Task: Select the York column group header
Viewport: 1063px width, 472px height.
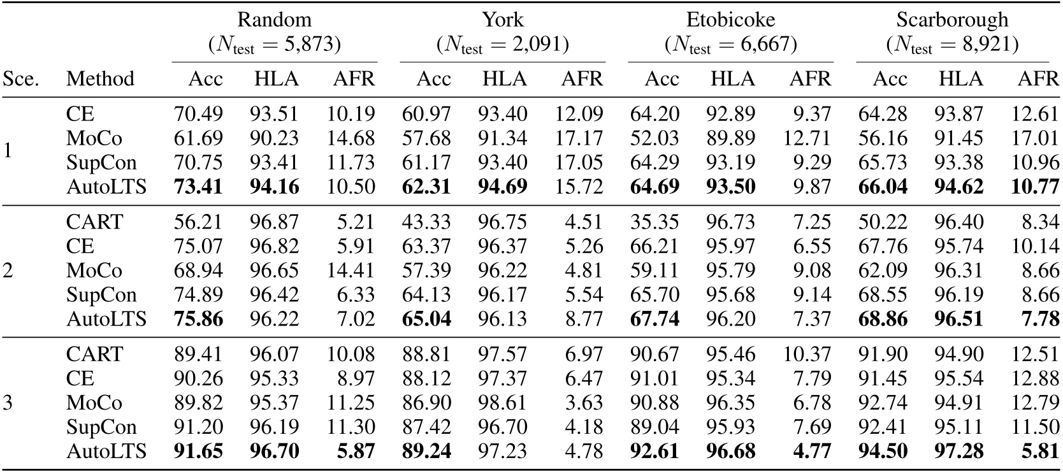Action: (x=502, y=20)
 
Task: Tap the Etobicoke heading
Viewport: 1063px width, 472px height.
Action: (x=730, y=20)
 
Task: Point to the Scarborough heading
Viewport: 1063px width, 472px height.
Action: (x=952, y=20)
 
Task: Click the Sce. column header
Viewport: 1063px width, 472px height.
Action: (x=21, y=79)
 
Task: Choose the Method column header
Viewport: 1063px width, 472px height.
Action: (x=100, y=79)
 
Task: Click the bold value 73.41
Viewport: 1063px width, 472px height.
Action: (x=198, y=187)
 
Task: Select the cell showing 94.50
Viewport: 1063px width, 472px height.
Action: (x=883, y=452)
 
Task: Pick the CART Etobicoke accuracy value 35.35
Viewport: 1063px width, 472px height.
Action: (x=654, y=222)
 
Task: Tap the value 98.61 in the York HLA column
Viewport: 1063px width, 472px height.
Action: (x=503, y=403)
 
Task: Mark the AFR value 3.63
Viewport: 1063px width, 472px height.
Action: (x=582, y=403)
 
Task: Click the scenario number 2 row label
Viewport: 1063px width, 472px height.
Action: (x=8, y=271)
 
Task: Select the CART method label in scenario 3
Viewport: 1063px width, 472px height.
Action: (x=94, y=355)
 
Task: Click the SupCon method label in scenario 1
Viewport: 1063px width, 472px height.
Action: (x=101, y=163)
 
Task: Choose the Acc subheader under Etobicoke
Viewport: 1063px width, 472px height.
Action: (x=662, y=79)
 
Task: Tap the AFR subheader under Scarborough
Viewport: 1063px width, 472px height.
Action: (x=1038, y=79)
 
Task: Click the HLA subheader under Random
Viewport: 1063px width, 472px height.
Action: (x=276, y=79)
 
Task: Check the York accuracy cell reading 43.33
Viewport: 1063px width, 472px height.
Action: (x=426, y=222)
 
